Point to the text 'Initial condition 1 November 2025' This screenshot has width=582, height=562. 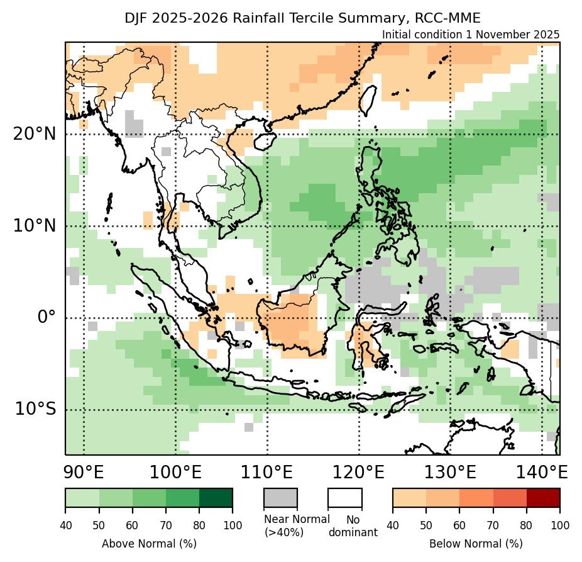[470, 35]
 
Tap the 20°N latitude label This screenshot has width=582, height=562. [34, 134]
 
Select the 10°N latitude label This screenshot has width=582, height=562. [34, 225]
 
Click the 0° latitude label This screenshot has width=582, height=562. [47, 317]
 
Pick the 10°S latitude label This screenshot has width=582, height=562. [35, 409]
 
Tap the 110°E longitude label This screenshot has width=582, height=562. [267, 472]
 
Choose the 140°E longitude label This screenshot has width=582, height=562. [541, 472]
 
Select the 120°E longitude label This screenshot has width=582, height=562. [359, 472]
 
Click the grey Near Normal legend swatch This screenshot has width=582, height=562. [280, 497]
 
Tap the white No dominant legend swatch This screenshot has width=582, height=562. [345, 497]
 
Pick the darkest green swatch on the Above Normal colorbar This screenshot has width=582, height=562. [216, 497]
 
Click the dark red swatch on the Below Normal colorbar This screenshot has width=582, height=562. [543, 497]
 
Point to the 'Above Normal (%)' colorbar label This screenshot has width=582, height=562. [149, 543]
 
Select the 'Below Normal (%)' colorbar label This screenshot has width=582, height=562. [476, 543]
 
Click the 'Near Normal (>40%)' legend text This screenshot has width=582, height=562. [296, 525]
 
